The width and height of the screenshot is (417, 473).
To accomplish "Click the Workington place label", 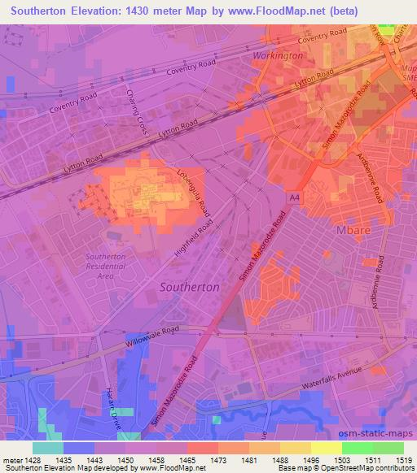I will [x=278, y=55].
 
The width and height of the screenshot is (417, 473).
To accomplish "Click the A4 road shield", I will [x=292, y=197].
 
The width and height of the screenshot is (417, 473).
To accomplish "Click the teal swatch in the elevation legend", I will [x=47, y=448].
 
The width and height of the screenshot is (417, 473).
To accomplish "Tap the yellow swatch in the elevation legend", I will [x=326, y=448].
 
